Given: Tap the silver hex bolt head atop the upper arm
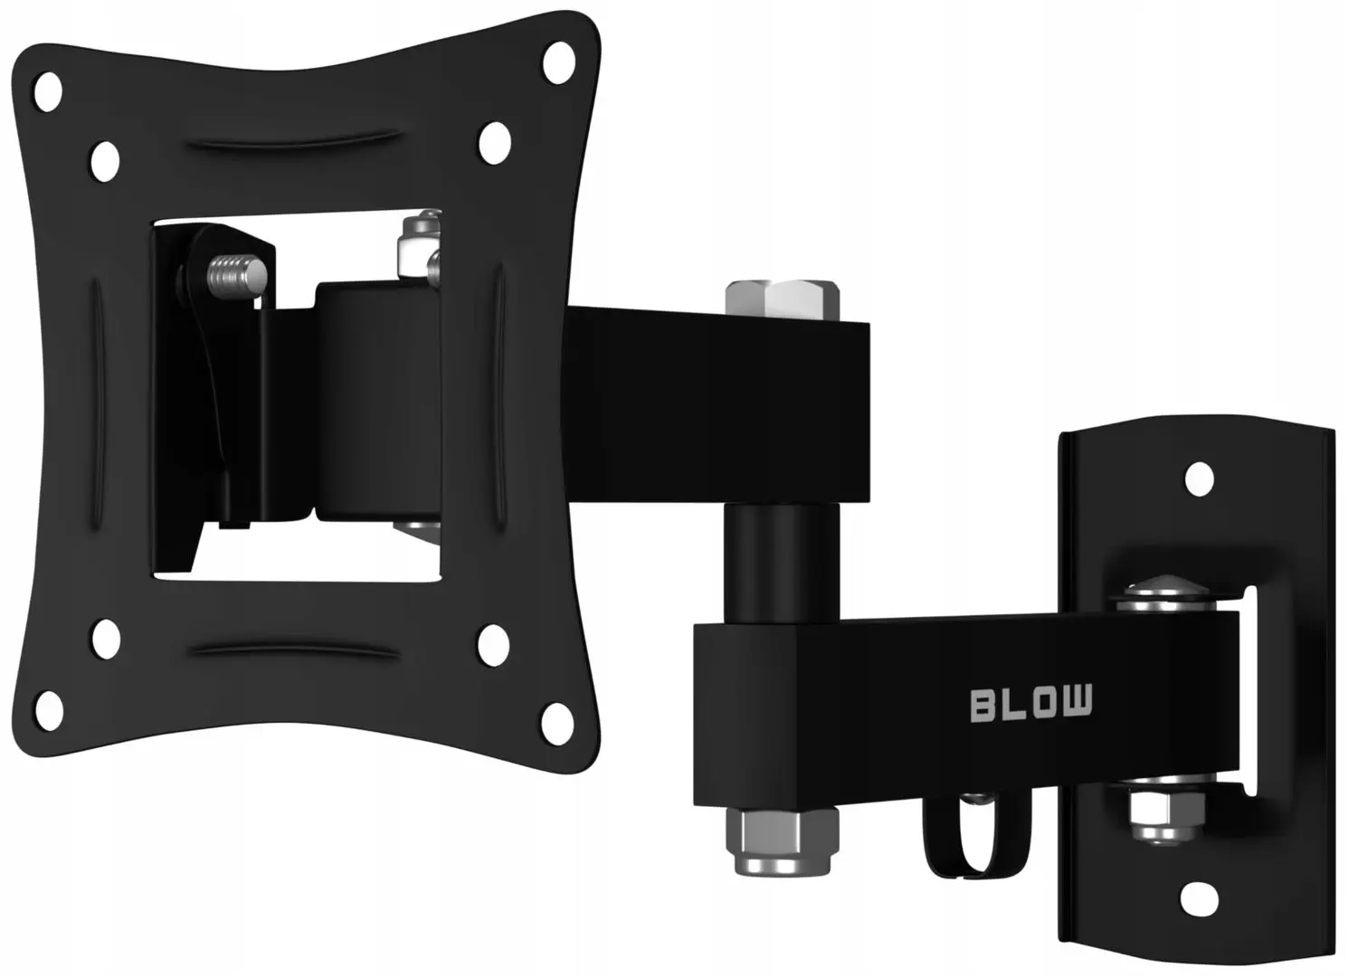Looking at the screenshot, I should [783, 299].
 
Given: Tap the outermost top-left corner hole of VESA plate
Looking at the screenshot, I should [47, 90].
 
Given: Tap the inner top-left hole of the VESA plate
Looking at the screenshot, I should [105, 159].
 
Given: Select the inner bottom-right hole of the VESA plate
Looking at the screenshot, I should [494, 640].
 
